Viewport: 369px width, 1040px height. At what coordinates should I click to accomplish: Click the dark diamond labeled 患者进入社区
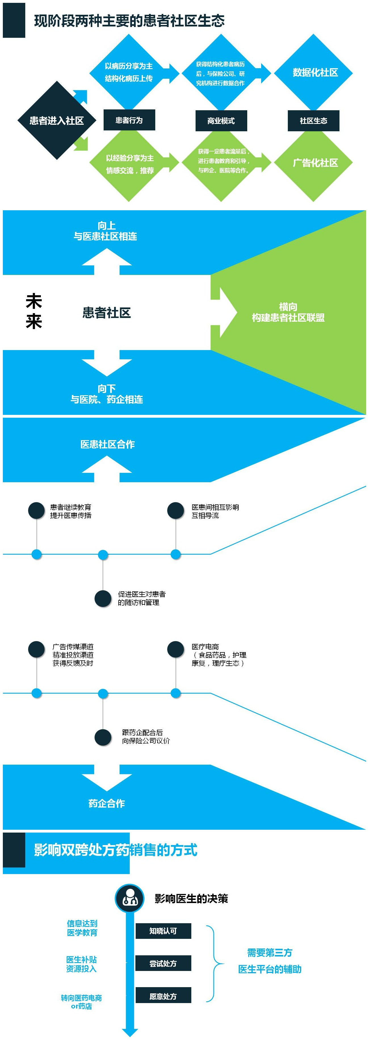click(x=56, y=120)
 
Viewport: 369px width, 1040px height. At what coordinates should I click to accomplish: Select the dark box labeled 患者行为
click(x=129, y=120)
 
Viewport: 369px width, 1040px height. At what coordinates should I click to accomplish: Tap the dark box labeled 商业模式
click(x=221, y=121)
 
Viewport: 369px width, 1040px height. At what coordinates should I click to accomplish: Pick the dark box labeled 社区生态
click(x=313, y=121)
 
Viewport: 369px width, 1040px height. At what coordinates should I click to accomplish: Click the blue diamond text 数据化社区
click(x=315, y=73)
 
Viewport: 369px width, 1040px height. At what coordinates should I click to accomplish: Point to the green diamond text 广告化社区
click(x=315, y=163)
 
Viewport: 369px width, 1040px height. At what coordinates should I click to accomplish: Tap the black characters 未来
click(x=34, y=311)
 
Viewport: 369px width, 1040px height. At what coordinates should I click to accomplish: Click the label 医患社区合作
click(x=107, y=444)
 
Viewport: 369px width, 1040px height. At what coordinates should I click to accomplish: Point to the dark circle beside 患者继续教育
click(x=36, y=511)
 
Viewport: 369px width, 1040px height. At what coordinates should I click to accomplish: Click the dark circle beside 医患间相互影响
click(x=175, y=511)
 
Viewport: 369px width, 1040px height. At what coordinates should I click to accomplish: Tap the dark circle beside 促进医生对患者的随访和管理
click(x=103, y=598)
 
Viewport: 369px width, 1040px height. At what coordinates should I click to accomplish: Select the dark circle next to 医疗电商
click(x=175, y=650)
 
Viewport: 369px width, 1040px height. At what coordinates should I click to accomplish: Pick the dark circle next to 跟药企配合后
click(x=103, y=737)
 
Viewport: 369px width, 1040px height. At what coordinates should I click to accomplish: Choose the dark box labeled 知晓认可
click(x=163, y=931)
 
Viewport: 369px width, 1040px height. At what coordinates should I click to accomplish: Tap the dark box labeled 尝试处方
click(x=163, y=964)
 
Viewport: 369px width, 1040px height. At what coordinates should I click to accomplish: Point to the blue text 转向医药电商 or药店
click(x=81, y=1002)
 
